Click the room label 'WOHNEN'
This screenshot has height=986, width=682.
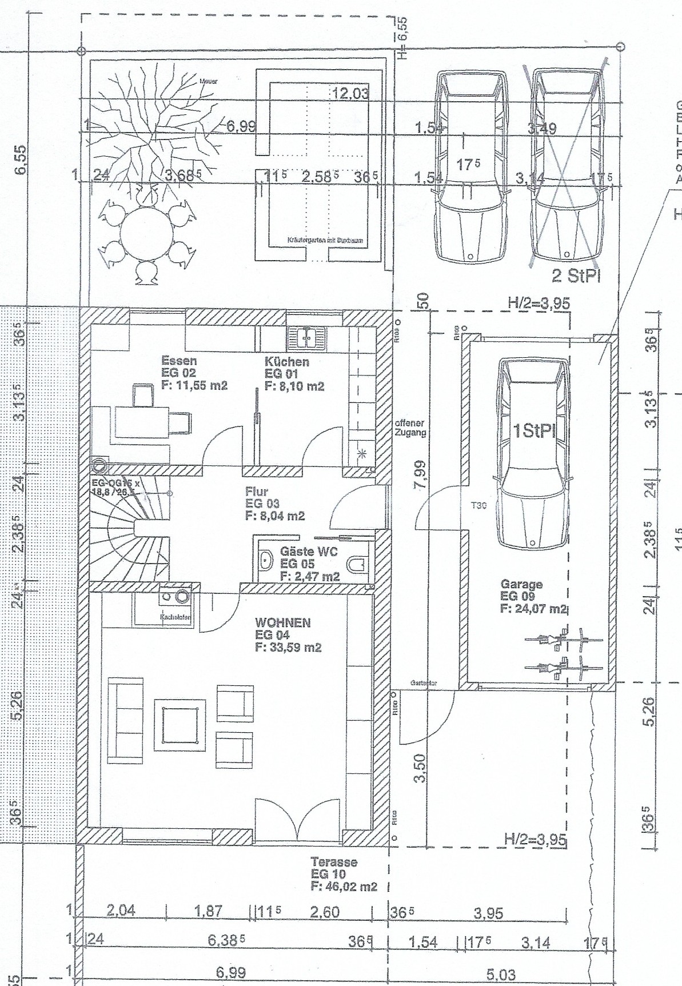[x=283, y=622]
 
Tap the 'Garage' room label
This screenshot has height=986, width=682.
[x=521, y=584]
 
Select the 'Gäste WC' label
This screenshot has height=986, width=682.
[x=309, y=552]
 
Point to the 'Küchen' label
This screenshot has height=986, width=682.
[x=286, y=362]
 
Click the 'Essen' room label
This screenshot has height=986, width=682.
[x=179, y=361]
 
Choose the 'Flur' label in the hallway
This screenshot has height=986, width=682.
[x=257, y=491]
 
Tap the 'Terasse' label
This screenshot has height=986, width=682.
[x=334, y=861]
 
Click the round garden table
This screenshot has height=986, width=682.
[x=146, y=235]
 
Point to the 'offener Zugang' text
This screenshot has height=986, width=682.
[x=410, y=428]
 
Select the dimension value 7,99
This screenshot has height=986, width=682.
[x=421, y=474]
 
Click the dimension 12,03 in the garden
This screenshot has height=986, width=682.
[x=350, y=93]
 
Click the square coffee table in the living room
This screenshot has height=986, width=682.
[x=182, y=724]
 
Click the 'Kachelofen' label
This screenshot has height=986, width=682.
[x=175, y=617]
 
